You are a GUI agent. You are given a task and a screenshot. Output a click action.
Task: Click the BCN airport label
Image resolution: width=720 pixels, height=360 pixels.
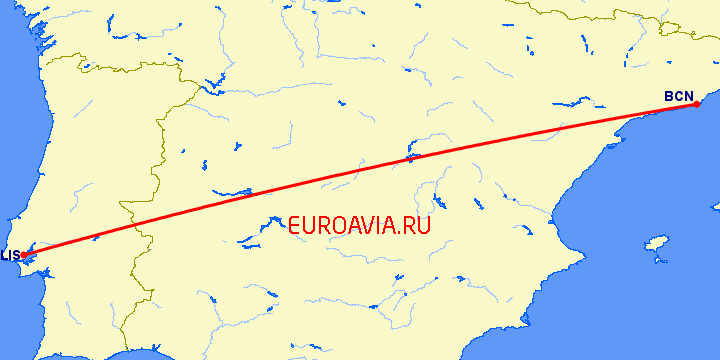point(678,96)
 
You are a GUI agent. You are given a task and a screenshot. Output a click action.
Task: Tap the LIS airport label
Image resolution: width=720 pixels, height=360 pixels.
point(9,255)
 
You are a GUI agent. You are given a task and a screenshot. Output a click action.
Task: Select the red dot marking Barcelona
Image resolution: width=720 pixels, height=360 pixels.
point(696,104)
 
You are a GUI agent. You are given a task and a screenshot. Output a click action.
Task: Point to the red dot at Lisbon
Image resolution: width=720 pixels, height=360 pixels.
point(22,254)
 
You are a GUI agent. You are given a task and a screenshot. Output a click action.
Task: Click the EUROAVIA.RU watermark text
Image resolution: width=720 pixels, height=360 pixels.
point(359,225)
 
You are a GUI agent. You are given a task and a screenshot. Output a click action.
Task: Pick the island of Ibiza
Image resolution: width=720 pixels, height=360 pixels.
point(656,244)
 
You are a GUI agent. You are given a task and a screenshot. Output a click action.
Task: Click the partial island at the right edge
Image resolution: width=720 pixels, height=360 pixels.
point(716,205)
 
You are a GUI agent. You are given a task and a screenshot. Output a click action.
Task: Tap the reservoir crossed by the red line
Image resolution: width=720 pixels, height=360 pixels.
point(410,157)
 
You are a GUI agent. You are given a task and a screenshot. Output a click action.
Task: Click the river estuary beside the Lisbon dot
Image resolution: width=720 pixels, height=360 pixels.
point(33,258)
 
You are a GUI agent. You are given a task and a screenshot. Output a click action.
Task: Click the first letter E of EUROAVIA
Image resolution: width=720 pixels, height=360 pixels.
point(293,225)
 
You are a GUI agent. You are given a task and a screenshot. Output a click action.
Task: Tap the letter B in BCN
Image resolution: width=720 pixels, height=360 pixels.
point(669,96)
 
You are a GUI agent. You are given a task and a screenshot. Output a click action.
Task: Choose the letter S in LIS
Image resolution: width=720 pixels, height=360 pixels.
point(15,255)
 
